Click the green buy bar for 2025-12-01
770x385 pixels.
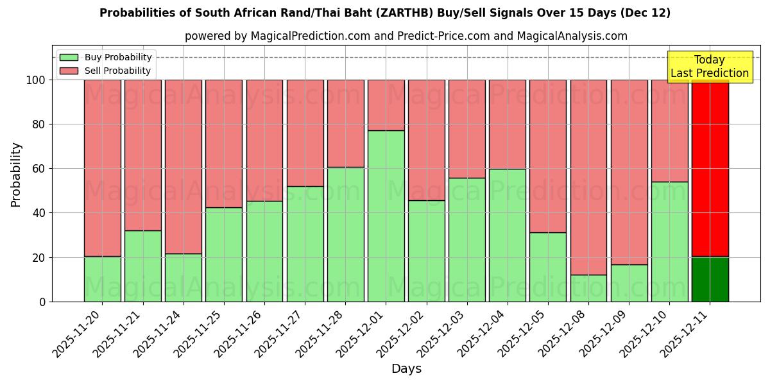386,216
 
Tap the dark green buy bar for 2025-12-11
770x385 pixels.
710,279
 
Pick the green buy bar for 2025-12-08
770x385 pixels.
588,288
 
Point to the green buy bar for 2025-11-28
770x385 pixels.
346,234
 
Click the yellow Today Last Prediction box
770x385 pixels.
710,67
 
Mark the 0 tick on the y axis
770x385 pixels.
42,302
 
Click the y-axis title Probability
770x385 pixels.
16,174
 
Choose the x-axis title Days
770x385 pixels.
406,369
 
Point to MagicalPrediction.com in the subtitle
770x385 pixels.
311,36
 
